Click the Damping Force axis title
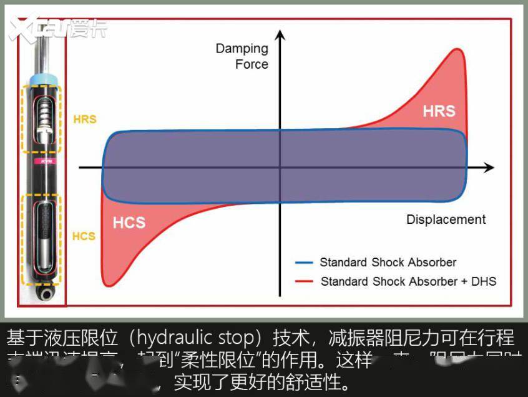click(x=242, y=56)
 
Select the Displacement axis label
click(x=446, y=219)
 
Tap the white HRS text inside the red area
click(x=439, y=111)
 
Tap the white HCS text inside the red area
click(x=129, y=222)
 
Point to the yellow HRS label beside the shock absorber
click(x=84, y=119)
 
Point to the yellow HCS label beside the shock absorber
click(x=84, y=236)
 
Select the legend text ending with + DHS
click(x=408, y=281)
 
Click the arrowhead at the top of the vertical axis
click(x=280, y=34)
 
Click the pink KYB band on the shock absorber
click(x=42, y=161)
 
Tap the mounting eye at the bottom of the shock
click(x=43, y=293)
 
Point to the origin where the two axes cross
click(x=280, y=168)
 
